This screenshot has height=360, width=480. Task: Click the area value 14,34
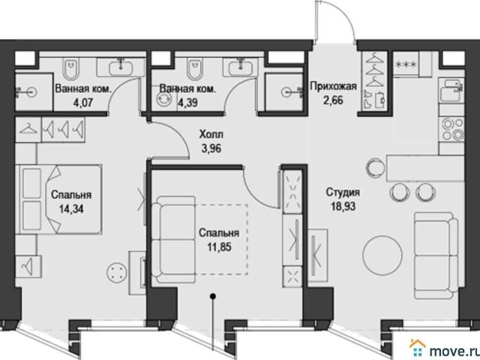pyautogui.click(x=71, y=209)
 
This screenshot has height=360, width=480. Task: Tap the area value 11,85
pyautogui.click(x=220, y=247)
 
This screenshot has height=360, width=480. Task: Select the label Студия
pyautogui.click(x=343, y=193)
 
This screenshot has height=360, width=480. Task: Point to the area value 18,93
pyautogui.click(x=343, y=206)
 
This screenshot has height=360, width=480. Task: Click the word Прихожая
pyautogui.click(x=333, y=86)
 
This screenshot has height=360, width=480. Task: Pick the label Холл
pyautogui.click(x=211, y=134)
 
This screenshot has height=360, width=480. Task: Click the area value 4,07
pyautogui.click(x=82, y=103)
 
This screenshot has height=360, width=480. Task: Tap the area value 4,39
pyautogui.click(x=187, y=103)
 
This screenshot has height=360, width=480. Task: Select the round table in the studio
pyautogui.click(x=382, y=255)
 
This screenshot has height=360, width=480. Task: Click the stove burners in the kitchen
pyautogui.click(x=451, y=129)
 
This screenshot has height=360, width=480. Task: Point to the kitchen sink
pyautogui.click(x=451, y=90)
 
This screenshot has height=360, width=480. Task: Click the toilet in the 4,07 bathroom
pyautogui.click(x=71, y=68)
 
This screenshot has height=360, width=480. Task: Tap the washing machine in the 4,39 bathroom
pyautogui.click(x=162, y=100)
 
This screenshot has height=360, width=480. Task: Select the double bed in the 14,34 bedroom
pyautogui.click(x=61, y=199)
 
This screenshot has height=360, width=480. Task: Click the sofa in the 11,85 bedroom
pyautogui.click(x=173, y=240)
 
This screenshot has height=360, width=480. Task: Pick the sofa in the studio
pyautogui.click(x=436, y=255)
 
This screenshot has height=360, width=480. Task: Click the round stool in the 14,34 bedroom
pyautogui.click(x=116, y=272)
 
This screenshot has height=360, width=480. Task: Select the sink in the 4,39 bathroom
pyautogui.click(x=240, y=67)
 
